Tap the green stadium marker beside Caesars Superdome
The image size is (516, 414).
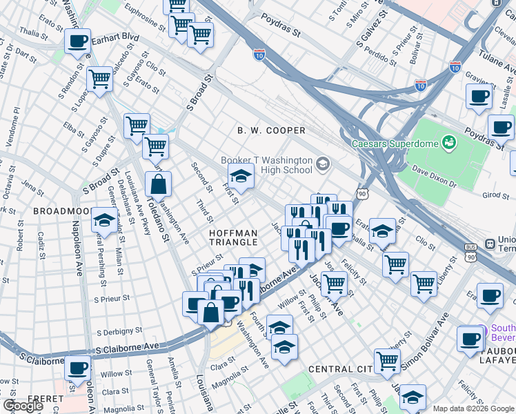pos(449,142)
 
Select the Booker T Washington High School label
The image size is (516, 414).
pos(266,165)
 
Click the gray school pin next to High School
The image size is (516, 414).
pos(323,165)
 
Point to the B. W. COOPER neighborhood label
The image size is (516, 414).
pos(271,130)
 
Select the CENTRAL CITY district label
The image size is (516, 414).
pos(340,369)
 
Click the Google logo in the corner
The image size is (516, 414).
pos(23,405)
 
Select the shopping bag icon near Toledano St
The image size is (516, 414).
pos(159,185)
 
